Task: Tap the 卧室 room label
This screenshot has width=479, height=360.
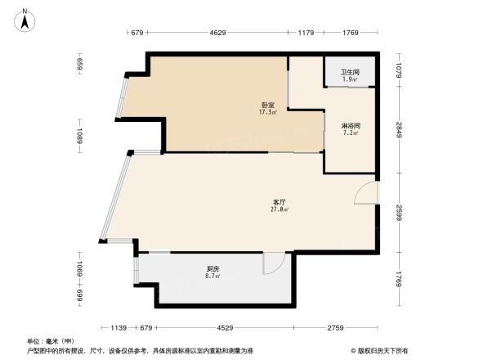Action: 267,104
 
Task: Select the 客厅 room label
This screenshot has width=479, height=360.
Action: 279,201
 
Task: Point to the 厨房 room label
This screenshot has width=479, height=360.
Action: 212,268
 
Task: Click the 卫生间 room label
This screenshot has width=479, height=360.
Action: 349,72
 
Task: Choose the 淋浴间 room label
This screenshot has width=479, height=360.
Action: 351,124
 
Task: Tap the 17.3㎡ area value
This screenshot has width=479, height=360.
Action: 267,112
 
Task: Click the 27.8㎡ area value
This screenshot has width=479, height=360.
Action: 279,209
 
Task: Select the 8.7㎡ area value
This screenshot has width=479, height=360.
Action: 212,276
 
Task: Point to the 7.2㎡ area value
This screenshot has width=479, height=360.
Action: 351,133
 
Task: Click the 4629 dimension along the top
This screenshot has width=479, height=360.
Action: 217,34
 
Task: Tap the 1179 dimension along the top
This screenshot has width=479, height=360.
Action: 307,34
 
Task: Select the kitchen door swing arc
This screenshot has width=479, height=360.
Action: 272,262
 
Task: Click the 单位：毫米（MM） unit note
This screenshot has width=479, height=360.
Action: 51,340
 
